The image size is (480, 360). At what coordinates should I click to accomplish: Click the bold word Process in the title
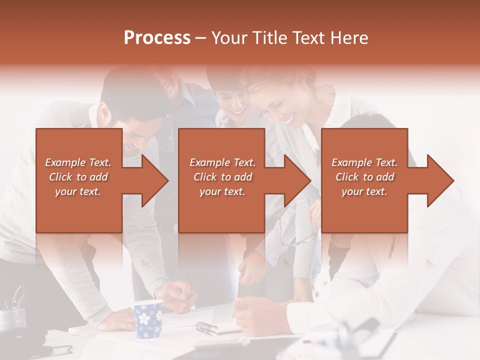[157, 38]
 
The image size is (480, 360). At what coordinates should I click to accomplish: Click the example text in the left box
[78, 176]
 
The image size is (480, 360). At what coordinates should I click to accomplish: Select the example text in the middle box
[222, 176]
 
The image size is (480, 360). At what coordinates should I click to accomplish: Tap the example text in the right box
[364, 176]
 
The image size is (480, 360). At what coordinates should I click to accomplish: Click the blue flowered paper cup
[148, 318]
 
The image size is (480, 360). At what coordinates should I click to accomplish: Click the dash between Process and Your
[201, 38]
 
